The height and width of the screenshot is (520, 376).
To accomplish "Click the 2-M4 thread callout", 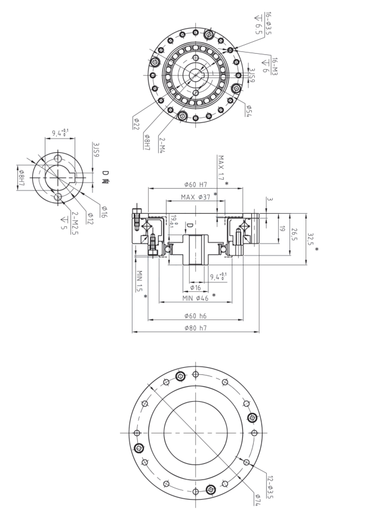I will [162, 144].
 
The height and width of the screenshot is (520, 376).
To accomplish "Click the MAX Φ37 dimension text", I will [196, 197].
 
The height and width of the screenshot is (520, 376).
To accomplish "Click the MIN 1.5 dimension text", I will [140, 281].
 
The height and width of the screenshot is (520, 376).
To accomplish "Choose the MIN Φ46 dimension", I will [195, 297].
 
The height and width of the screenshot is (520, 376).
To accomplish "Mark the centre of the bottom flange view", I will [195, 432].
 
